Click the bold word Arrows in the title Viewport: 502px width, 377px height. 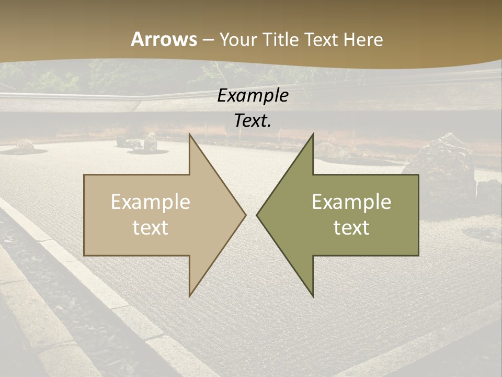click(x=164, y=39)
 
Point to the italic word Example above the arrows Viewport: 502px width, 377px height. click(x=253, y=96)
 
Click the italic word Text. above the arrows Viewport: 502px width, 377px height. click(x=253, y=121)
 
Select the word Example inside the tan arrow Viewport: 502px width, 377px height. click(x=151, y=202)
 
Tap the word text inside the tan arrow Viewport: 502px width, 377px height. click(x=151, y=228)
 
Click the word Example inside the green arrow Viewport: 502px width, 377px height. click(x=351, y=202)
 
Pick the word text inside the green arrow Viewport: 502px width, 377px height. click(x=351, y=228)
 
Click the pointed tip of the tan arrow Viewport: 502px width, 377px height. click(x=245, y=215)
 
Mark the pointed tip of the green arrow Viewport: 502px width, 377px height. click(x=257, y=215)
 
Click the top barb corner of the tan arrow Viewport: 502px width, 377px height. click(x=189, y=135)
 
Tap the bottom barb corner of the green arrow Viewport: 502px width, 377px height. click(x=313, y=296)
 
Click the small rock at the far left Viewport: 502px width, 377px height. click(x=24, y=146)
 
